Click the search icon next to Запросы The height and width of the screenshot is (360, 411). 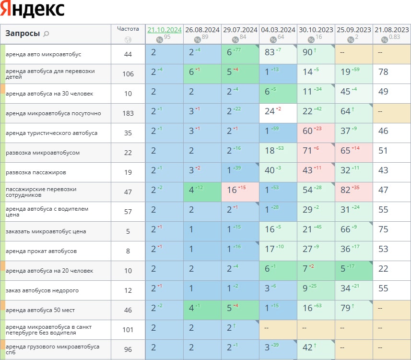coord(46,34)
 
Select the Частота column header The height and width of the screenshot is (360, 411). coord(128,29)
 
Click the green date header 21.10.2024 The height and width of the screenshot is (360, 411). coord(164,29)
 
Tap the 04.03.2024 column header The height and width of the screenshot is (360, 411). coord(278,29)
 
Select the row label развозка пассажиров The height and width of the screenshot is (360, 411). coord(36,172)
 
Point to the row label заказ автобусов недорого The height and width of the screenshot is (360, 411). coord(42,290)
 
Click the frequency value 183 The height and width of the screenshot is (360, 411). coord(128,113)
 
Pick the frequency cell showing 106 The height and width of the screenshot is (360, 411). coord(128,74)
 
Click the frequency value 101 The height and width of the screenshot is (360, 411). coord(128,330)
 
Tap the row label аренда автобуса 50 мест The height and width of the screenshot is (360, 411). coord(40,310)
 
